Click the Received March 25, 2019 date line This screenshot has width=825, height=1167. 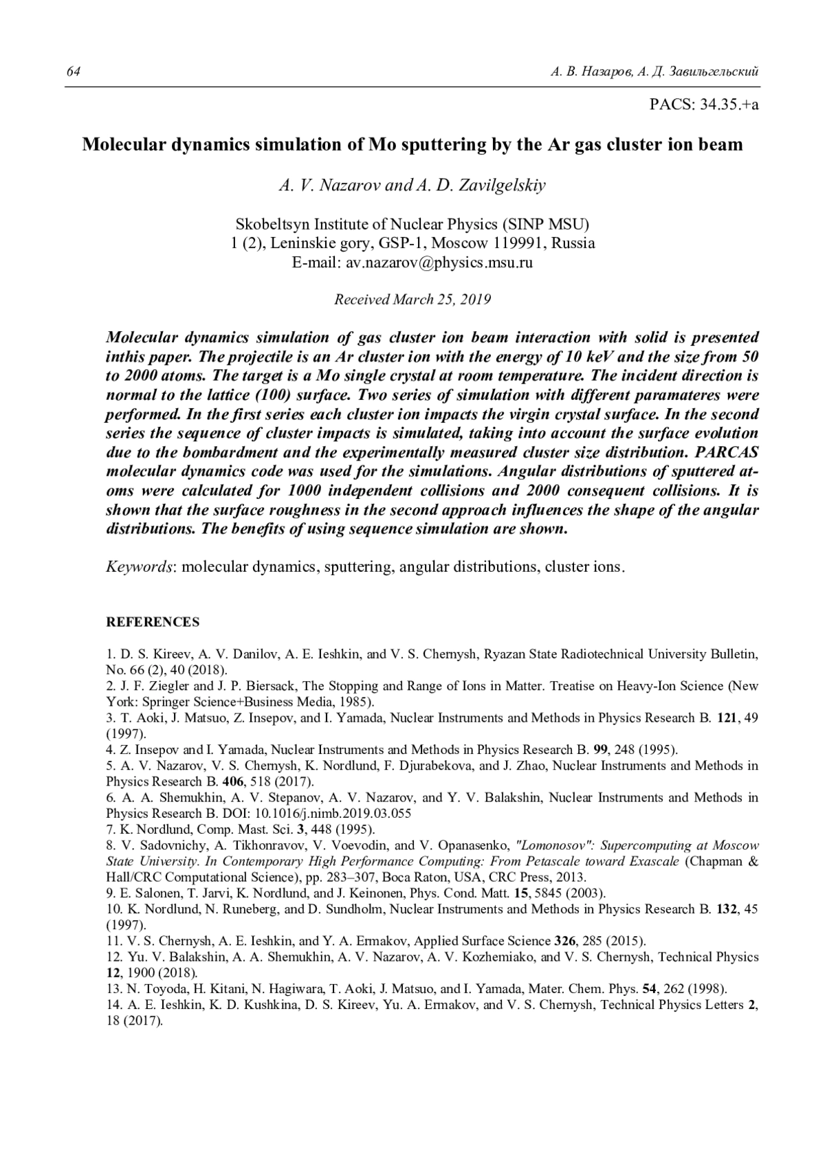(412, 299)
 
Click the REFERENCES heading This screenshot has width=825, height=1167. (153, 622)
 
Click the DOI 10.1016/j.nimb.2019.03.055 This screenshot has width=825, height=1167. (331, 813)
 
